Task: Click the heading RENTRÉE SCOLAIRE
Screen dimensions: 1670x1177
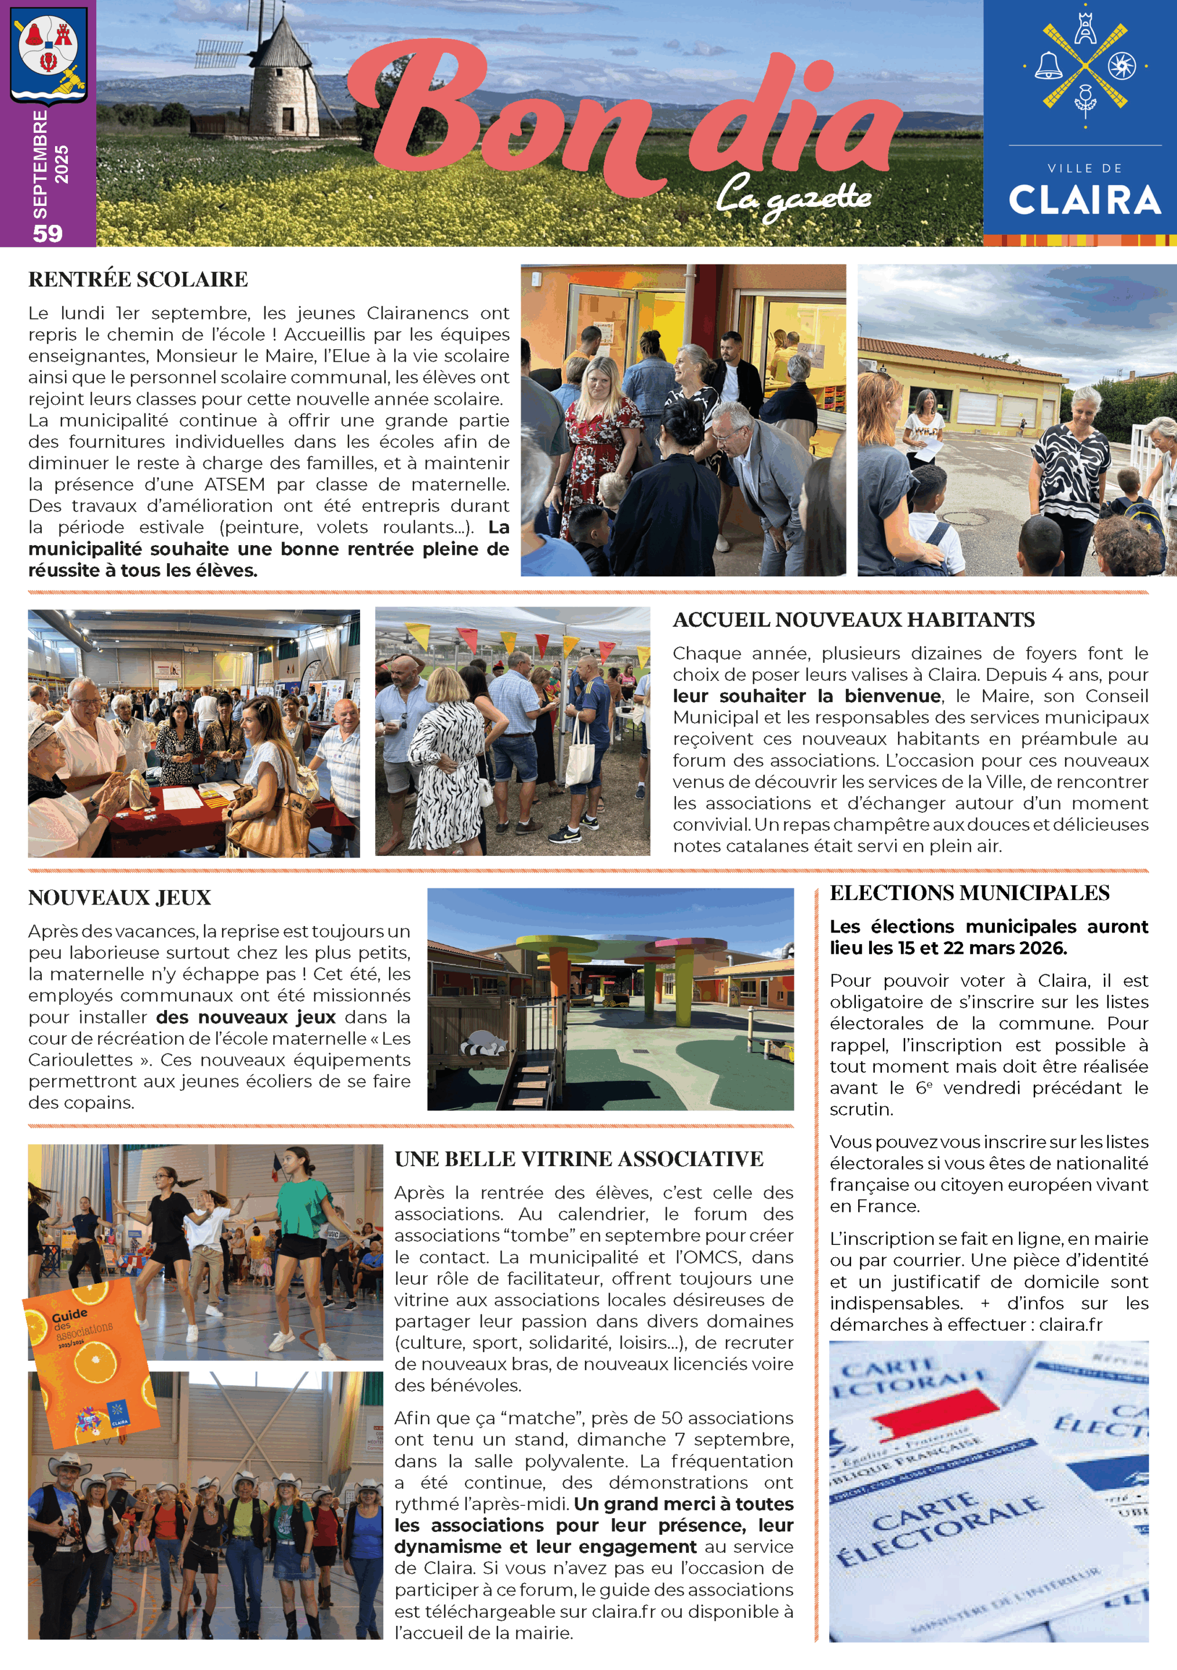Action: point(138,279)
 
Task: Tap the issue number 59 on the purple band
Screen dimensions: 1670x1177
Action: point(48,233)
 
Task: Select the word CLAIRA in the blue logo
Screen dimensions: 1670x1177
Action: point(1084,201)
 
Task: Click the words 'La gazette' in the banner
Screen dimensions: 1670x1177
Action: point(793,197)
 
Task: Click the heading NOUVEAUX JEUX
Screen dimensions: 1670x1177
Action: point(119,898)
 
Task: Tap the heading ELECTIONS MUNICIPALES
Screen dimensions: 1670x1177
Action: point(969,892)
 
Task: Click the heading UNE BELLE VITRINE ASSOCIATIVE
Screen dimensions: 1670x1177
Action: point(579,1159)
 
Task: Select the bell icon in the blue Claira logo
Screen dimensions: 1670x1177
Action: point(1048,66)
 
